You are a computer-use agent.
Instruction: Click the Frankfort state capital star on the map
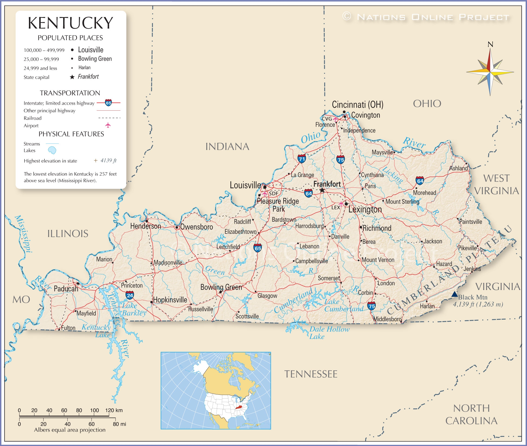coord(322,190)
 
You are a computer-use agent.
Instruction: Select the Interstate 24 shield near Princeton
coord(130,295)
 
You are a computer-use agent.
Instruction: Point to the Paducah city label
coord(66,289)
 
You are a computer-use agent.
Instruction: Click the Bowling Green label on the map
coord(221,287)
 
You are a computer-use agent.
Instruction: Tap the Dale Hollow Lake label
coord(329,333)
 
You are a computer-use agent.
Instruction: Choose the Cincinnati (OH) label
coord(358,104)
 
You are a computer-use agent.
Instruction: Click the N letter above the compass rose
coord(490,44)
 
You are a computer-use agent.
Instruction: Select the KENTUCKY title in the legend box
coord(70,23)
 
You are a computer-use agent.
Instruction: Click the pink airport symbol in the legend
coord(108,125)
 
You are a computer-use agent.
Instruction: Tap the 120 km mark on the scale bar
coord(114,410)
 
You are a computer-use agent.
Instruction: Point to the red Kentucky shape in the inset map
coord(239,407)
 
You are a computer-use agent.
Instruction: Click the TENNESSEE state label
coord(311,374)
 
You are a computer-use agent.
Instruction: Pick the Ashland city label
coord(458,168)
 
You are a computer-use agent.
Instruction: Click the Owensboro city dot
coord(177,227)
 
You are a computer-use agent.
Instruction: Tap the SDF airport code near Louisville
coord(274,193)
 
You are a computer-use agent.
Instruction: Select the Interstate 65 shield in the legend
coord(108,103)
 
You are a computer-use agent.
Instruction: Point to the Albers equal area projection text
coord(70,430)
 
